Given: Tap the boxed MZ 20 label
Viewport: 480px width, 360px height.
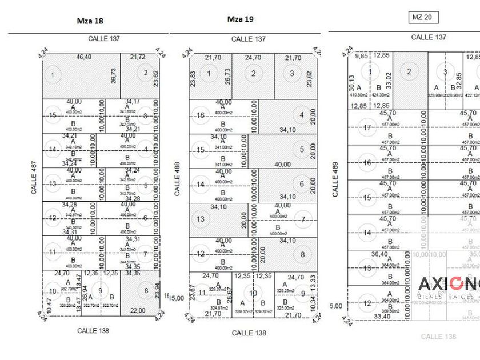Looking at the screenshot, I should click(x=423, y=17).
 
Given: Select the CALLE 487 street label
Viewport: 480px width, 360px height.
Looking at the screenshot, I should click(x=34, y=177).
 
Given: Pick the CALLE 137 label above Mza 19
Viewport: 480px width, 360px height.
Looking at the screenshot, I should click(x=249, y=39).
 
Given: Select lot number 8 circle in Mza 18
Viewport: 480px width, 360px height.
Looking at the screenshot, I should click(x=146, y=290).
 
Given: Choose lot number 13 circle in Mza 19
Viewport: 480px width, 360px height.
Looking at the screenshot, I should click(x=201, y=219).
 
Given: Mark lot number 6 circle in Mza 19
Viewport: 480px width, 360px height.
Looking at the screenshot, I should click(x=302, y=184).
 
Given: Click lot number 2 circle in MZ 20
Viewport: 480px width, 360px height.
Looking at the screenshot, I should click(x=410, y=72).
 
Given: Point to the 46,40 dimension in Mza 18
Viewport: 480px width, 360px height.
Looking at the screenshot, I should click(x=83, y=58).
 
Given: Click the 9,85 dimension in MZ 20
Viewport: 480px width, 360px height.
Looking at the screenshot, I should click(x=361, y=56).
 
